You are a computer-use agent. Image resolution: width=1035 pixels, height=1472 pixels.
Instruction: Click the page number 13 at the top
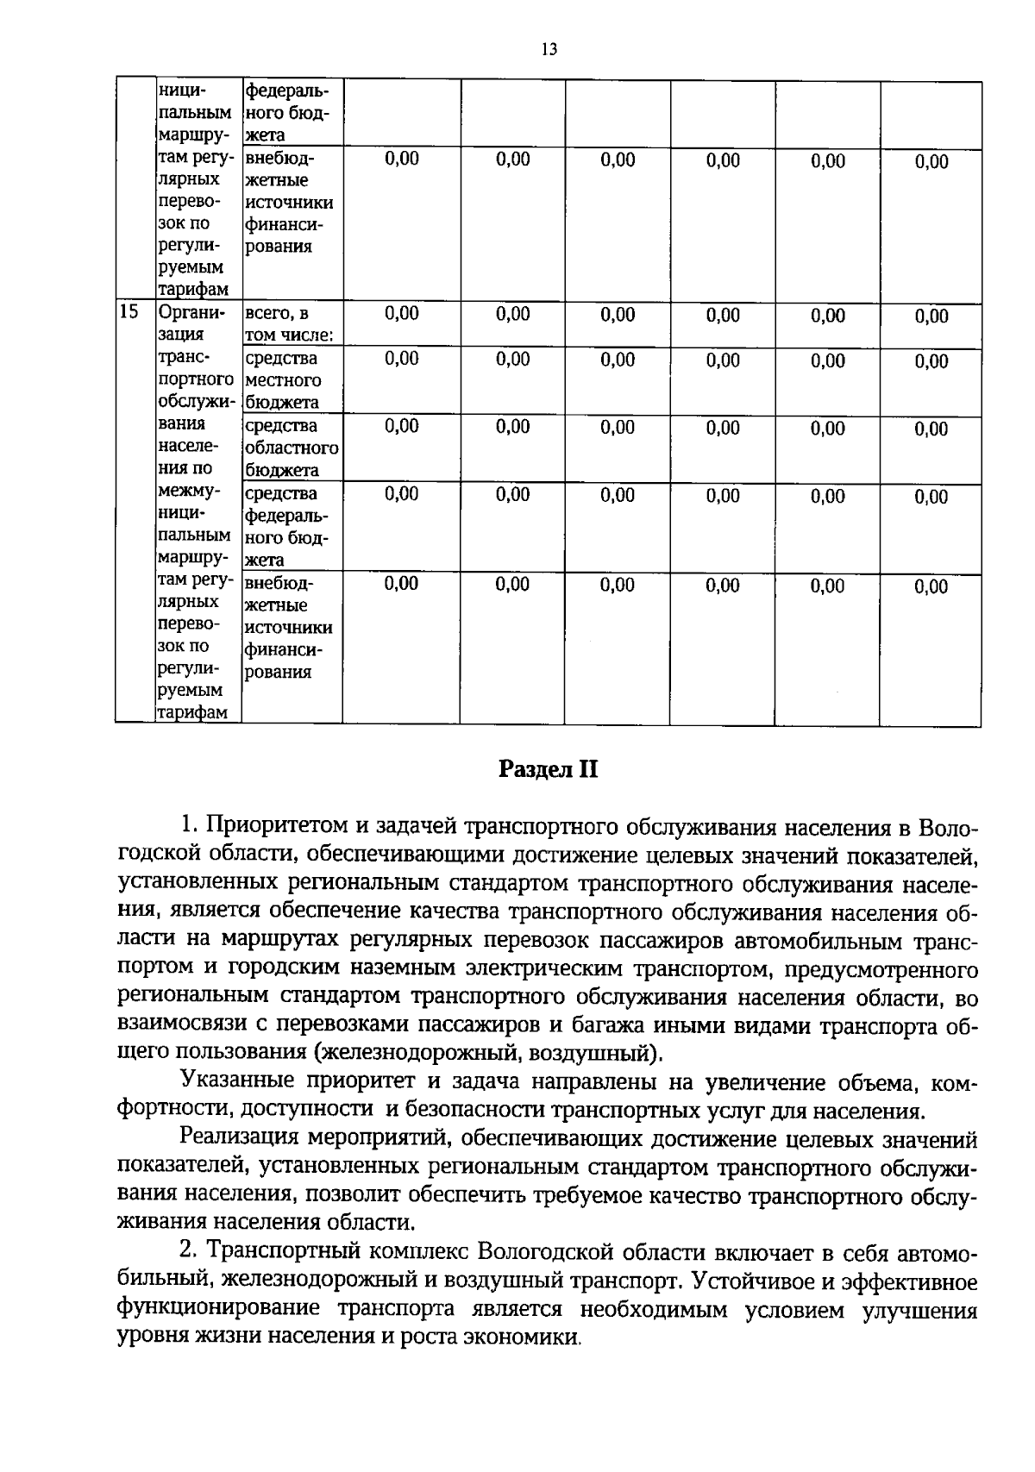pos(549,49)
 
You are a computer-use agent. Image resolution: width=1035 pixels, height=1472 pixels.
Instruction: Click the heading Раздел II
pos(549,769)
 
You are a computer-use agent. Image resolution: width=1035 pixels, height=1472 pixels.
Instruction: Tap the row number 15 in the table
pos(129,312)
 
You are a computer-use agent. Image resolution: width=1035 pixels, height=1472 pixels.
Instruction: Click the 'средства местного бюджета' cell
pos(283,380)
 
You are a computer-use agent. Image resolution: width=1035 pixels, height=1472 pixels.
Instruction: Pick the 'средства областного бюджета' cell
pos(291,448)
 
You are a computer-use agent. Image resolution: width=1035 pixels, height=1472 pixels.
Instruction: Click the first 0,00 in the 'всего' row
pos(401,314)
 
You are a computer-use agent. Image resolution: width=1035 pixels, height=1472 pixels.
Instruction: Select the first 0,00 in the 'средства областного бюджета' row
pos(401,426)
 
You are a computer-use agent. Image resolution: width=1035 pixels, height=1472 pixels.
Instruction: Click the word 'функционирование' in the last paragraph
pos(217,1309)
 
